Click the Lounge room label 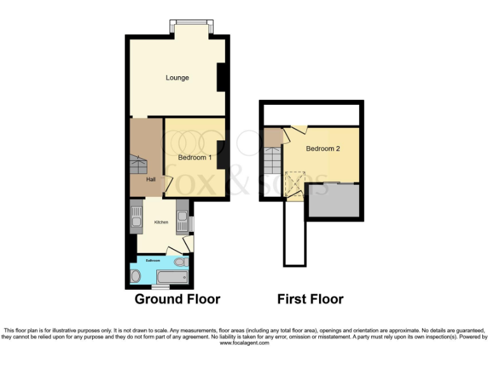click(177, 78)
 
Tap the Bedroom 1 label click(194, 157)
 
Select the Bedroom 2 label click(323, 149)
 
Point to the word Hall click(151, 180)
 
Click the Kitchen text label click(161, 222)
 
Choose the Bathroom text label click(153, 261)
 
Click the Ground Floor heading click(177, 299)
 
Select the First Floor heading click(310, 299)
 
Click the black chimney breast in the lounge click(222, 78)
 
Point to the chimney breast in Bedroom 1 click(222, 155)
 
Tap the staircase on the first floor click(273, 159)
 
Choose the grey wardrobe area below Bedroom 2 click(334, 201)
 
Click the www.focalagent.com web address click(244, 342)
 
